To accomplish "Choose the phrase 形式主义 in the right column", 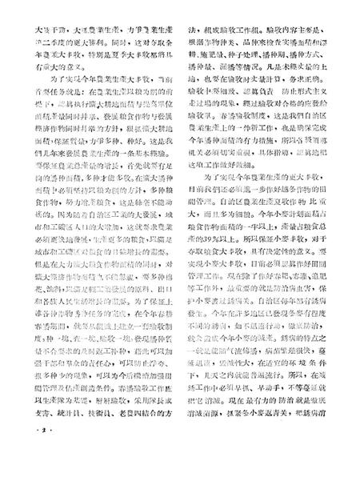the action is pyautogui.click(x=303, y=102).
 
